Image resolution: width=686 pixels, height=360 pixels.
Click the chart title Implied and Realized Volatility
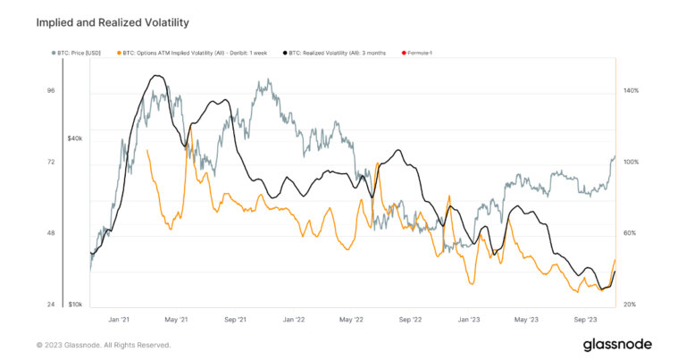pyautogui.click(x=112, y=21)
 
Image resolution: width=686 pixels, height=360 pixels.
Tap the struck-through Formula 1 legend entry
pyautogui.click(x=418, y=54)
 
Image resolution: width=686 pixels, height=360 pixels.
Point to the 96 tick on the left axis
pyautogui.click(x=50, y=90)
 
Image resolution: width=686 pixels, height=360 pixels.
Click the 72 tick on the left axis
pyautogui.click(x=50, y=162)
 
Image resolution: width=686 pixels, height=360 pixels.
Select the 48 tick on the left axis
pyautogui.click(x=50, y=233)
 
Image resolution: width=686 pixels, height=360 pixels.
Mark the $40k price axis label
pyautogui.click(x=75, y=138)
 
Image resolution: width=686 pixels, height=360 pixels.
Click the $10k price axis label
pyautogui.click(x=75, y=305)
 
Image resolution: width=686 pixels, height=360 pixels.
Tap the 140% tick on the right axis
pyautogui.click(x=630, y=90)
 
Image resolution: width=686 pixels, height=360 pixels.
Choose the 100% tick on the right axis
pyautogui.click(x=630, y=162)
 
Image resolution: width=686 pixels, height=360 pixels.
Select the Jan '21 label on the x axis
pyautogui.click(x=119, y=319)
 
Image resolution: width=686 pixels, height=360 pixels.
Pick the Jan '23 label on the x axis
pyautogui.click(x=469, y=319)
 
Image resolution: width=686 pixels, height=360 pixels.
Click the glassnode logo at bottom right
pyautogui.click(x=617, y=344)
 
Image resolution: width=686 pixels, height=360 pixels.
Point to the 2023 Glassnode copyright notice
pyautogui.click(x=103, y=345)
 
